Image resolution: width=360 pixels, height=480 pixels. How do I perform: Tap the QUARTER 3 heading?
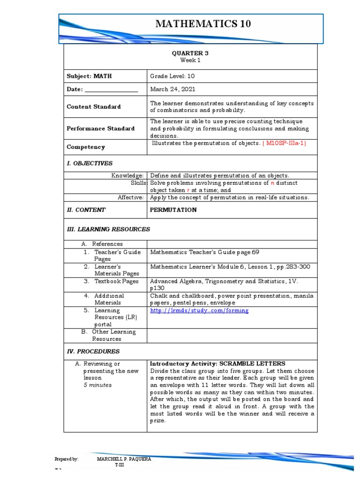click(190, 53)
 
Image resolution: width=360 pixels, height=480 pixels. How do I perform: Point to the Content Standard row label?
click(94, 106)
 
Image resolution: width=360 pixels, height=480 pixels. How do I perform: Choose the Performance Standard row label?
click(100, 128)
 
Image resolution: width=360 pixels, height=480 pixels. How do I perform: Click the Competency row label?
click(86, 147)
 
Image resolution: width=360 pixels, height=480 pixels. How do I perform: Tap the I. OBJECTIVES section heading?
click(90, 164)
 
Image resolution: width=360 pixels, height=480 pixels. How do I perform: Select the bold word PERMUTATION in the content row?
click(173, 210)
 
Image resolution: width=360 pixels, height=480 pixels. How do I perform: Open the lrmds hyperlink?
click(199, 310)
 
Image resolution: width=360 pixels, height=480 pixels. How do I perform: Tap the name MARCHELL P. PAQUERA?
click(124, 459)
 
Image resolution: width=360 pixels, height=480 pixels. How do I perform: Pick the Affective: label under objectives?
click(130, 197)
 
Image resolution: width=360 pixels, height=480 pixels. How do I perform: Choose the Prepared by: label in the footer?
click(67, 459)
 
